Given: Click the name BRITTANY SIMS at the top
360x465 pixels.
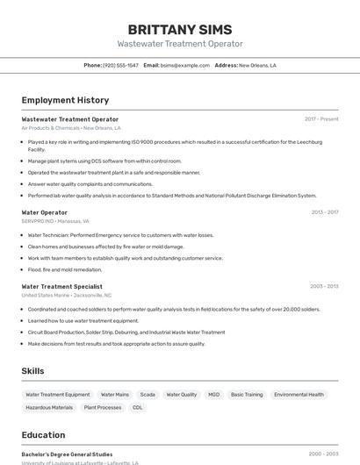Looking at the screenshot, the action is (x=180, y=30).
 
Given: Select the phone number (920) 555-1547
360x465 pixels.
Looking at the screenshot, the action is (x=120, y=65).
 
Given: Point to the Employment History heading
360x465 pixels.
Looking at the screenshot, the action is (x=65, y=100).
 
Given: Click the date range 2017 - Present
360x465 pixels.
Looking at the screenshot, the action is (x=321, y=118).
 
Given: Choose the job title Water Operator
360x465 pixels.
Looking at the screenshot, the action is (x=44, y=212).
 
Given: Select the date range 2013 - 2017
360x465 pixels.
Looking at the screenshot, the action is (x=324, y=212).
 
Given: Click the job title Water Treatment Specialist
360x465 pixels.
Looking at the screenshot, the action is (x=61, y=286).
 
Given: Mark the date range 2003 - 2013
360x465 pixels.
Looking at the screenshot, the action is (x=324, y=286).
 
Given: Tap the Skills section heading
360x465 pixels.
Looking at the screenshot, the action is (x=32, y=371).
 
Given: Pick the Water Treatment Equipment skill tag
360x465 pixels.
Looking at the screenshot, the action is (x=58, y=395).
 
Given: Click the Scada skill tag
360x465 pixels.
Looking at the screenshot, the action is (x=148, y=395).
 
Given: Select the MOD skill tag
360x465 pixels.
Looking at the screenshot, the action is (x=214, y=395).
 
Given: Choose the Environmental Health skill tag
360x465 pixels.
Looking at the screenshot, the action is (x=299, y=395).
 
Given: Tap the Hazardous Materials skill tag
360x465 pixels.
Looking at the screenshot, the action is (x=49, y=407).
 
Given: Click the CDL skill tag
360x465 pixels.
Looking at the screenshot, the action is (x=138, y=407).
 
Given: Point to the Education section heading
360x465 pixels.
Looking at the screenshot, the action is (x=43, y=434).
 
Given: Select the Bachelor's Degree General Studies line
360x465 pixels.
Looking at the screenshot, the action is (x=67, y=454).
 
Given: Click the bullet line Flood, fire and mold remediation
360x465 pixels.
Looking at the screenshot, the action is (x=65, y=269).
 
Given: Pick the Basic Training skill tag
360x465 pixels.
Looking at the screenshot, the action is (x=247, y=395).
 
